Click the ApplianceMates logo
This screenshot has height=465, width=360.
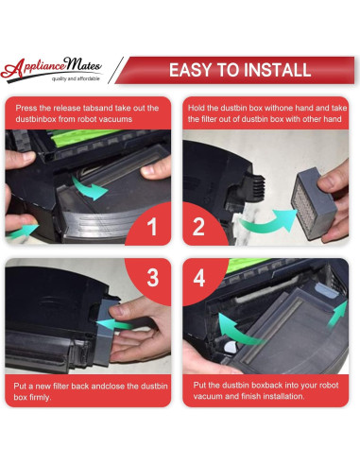51,69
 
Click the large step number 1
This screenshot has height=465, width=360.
152,226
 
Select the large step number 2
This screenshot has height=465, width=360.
198,226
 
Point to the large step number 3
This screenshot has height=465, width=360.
153,277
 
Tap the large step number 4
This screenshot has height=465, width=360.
199,277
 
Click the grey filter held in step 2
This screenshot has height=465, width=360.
314,203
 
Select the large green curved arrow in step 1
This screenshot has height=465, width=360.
90,188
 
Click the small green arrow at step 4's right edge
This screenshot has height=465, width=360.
337,314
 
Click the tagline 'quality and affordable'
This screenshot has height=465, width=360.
76,78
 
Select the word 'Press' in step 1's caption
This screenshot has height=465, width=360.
26,108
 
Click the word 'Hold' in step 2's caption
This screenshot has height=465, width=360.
197,108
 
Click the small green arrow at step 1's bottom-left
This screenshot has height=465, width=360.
23,231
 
